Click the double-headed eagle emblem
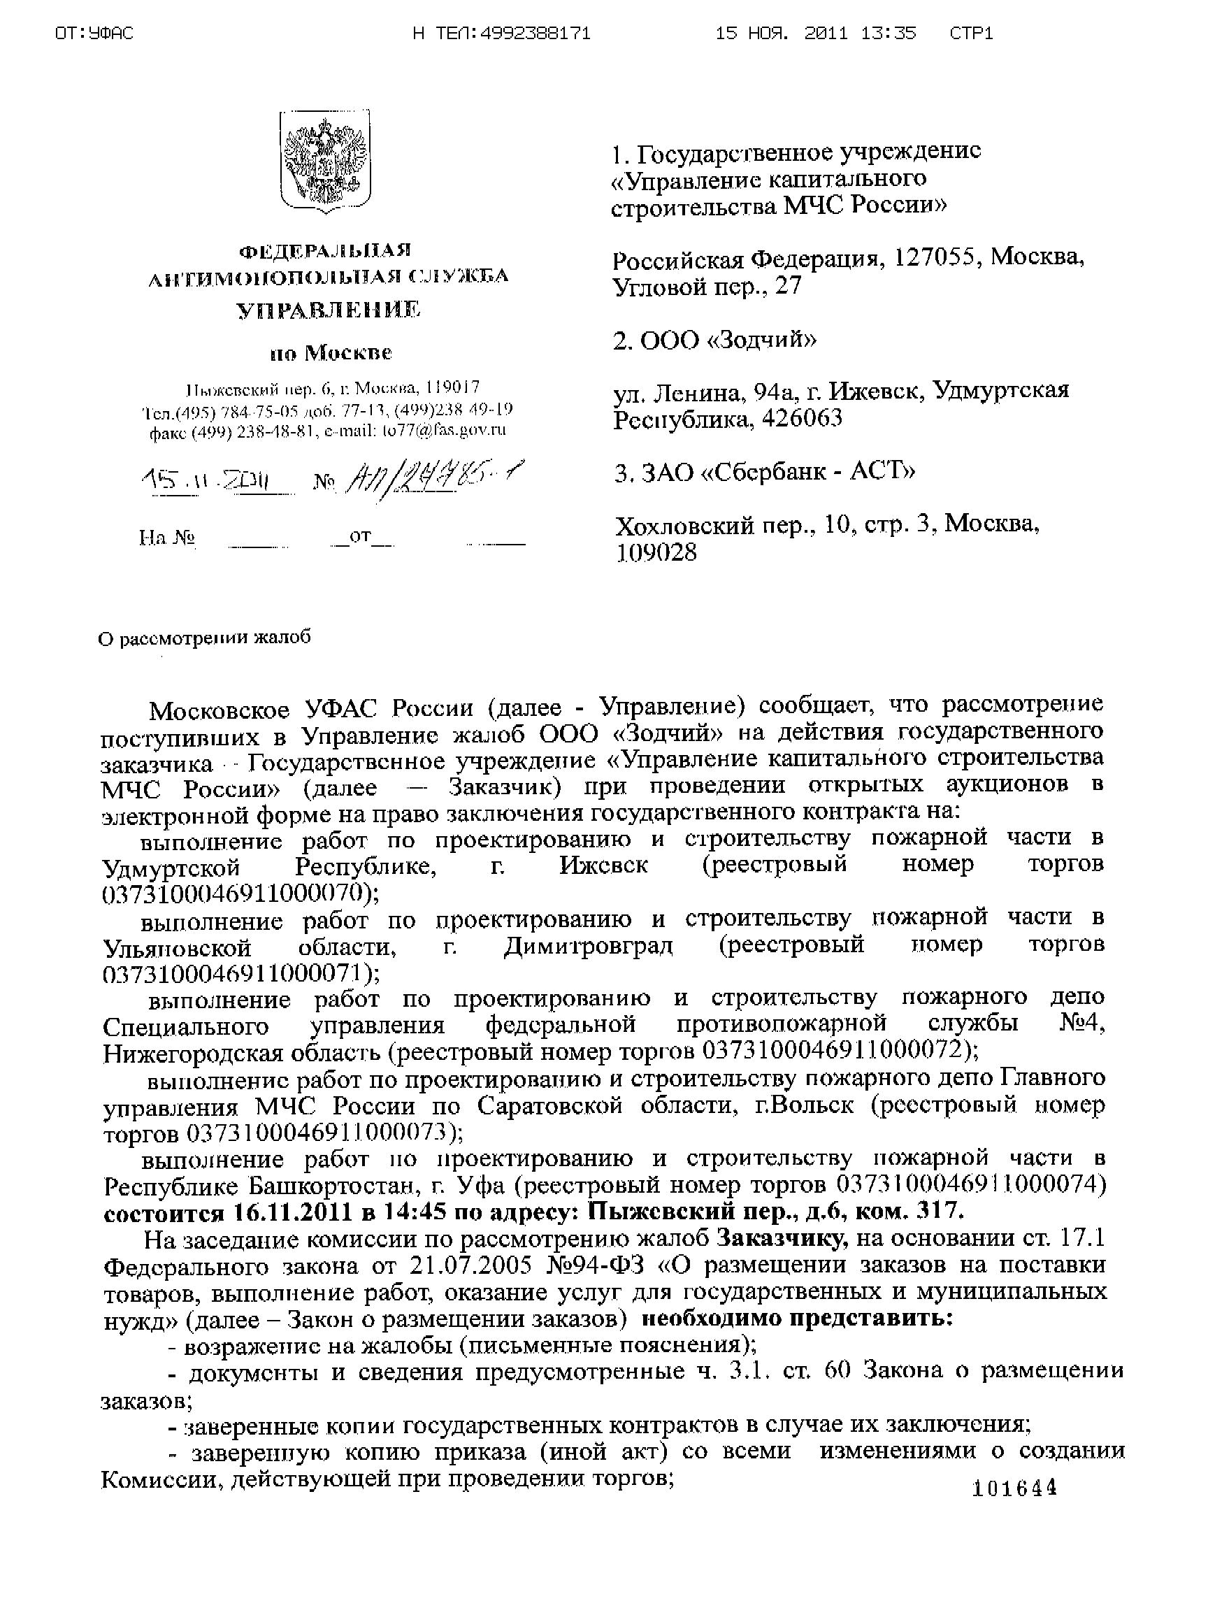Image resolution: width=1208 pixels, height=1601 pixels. [325, 161]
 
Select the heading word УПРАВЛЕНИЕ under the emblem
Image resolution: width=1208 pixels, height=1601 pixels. [329, 310]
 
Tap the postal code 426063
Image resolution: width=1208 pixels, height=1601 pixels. [798, 419]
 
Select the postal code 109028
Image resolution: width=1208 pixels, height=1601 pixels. [656, 553]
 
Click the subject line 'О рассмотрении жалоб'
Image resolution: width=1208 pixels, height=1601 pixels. [205, 638]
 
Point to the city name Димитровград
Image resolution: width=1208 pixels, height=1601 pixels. [588, 947]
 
